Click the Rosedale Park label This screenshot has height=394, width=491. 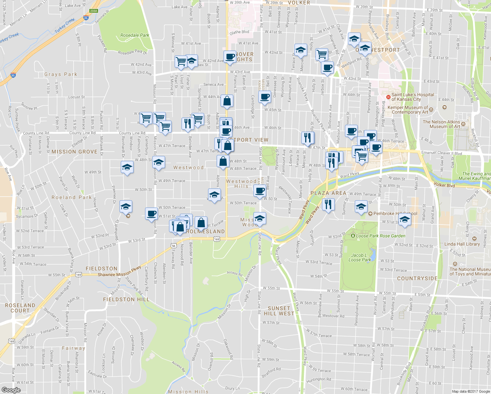coord(135,35)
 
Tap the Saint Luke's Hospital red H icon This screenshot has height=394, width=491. coord(388,97)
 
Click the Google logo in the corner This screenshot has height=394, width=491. coord(11,390)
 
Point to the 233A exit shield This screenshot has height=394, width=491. coord(94,11)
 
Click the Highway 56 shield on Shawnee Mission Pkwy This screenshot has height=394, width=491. coord(174,246)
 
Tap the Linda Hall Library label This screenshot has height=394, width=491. coord(462,244)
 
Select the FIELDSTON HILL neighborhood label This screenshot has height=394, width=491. coord(126,299)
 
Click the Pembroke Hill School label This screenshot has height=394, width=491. coord(395,213)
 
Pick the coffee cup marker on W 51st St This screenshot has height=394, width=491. coord(151,214)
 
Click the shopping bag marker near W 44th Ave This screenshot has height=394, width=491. coord(227,101)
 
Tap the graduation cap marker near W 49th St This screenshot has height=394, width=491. coord(127,167)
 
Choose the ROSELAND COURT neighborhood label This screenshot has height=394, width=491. coord(20,308)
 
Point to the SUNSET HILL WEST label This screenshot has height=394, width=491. coord(279,311)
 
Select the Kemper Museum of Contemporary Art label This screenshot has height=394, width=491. coord(408,110)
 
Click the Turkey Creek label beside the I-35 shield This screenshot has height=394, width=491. coord(65,26)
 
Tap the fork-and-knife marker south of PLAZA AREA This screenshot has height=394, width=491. coord(328,205)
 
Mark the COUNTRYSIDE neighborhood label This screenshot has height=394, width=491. coord(417,278)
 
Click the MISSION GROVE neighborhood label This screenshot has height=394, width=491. coord(75,152)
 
